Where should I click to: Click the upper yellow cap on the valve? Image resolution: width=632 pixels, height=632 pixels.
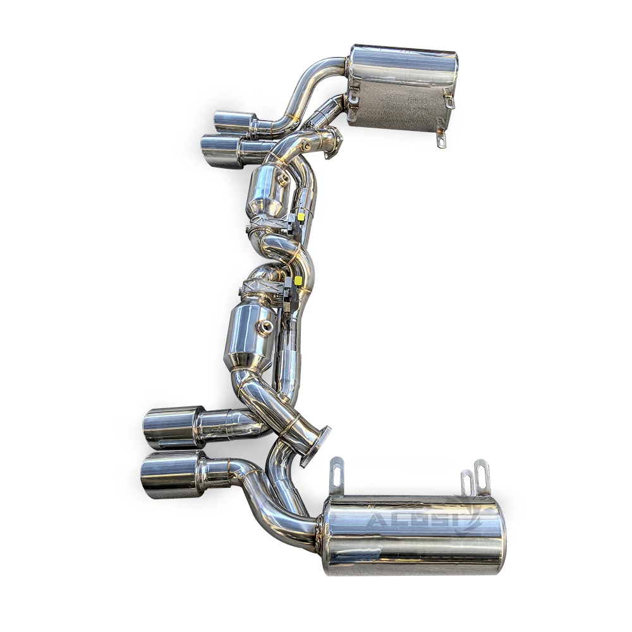coord(301,217)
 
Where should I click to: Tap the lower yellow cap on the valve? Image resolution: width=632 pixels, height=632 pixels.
coord(298,280)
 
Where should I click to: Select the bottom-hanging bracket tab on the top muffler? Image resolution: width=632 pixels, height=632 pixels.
coord(441,140)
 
